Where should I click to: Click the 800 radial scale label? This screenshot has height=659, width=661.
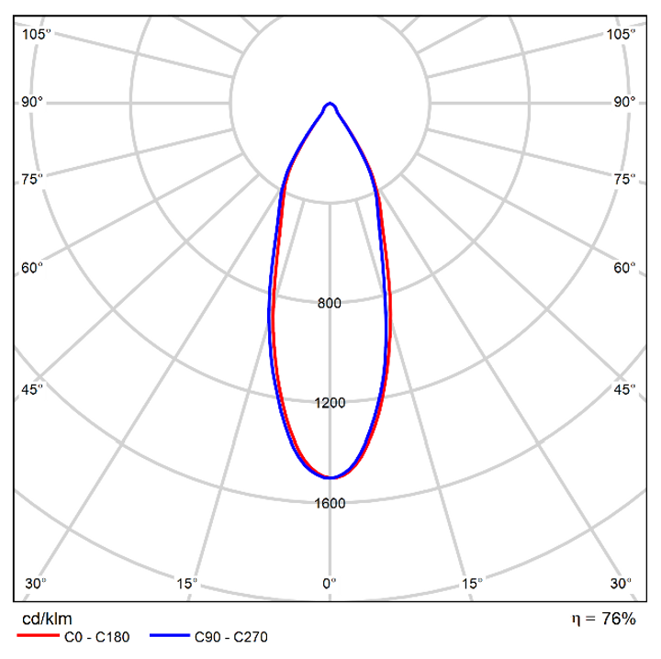[330, 304]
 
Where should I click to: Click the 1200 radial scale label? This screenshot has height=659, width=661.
[330, 403]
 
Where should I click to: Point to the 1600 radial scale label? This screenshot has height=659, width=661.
[330, 503]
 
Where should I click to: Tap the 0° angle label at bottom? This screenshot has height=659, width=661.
[330, 584]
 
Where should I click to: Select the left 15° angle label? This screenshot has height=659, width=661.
[186, 584]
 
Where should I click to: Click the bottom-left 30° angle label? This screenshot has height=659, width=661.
[36, 584]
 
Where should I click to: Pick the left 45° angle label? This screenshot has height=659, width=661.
[32, 391]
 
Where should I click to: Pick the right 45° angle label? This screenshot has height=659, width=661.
[625, 391]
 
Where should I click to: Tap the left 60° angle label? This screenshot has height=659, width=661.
[32, 268]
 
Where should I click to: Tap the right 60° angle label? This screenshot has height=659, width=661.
[625, 268]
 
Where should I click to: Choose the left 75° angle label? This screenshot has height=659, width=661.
[32, 179]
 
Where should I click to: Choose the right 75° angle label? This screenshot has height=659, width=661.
[625, 179]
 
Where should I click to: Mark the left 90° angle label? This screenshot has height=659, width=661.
[32, 102]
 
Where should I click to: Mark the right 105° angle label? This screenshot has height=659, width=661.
[622, 35]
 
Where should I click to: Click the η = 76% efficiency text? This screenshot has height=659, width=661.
[603, 620]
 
